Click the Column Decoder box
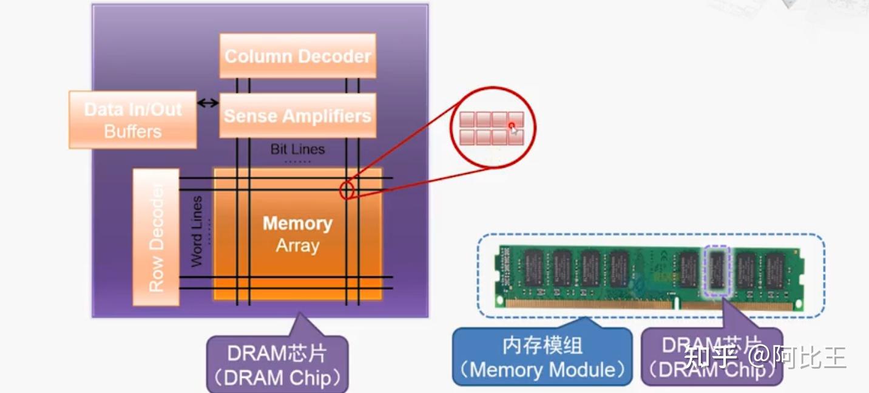pyautogui.click(x=297, y=56)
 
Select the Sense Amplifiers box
pyautogui.click(x=297, y=115)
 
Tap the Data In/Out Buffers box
pyautogui.click(x=132, y=120)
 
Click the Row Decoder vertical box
pyautogui.click(x=156, y=237)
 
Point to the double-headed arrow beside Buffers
pyautogui.click(x=208, y=103)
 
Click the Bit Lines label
pyautogui.click(x=297, y=149)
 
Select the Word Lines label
pyautogui.click(x=197, y=231)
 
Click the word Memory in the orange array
pyautogui.click(x=297, y=224)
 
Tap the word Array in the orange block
pyautogui.click(x=297, y=246)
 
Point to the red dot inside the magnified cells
pyautogui.click(x=512, y=126)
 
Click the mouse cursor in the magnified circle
pyautogui.click(x=515, y=131)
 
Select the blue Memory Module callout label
pyautogui.click(x=543, y=357)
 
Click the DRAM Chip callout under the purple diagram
pyautogui.click(x=277, y=364)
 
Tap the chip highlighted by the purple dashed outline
pyautogui.click(x=717, y=270)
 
